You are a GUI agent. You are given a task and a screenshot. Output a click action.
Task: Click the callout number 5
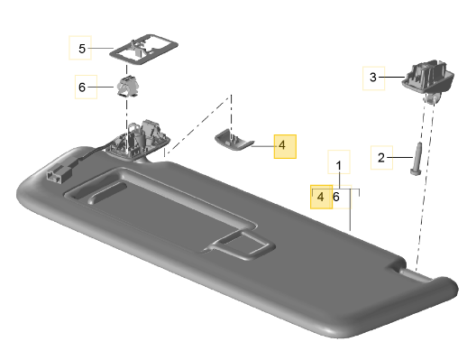pyautogui.click(x=82, y=49)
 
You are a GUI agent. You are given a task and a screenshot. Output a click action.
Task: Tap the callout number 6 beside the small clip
pyautogui.click(x=82, y=88)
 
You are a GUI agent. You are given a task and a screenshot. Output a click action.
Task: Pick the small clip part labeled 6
pyautogui.click(x=127, y=87)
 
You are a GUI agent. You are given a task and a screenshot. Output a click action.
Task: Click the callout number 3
pyautogui.click(x=373, y=78)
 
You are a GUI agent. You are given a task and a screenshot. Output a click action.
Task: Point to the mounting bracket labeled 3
pyautogui.click(x=428, y=78)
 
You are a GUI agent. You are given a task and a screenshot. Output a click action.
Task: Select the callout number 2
pyautogui.click(x=381, y=158)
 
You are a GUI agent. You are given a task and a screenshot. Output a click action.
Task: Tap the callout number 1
pyautogui.click(x=339, y=166)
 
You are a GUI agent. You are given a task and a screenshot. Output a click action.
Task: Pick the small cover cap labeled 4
pyautogui.click(x=233, y=139)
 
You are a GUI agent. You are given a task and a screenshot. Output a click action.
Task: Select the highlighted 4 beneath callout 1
pyautogui.click(x=321, y=198)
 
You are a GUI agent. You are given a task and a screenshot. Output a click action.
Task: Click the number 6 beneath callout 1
pyautogui.click(x=336, y=198)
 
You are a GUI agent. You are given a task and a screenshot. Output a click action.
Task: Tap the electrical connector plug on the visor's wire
pyautogui.click(x=60, y=173)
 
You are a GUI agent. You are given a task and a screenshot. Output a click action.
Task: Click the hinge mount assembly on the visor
pyautogui.click(x=138, y=140)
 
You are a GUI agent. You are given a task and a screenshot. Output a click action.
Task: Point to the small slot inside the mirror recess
pyautogui.click(x=107, y=193)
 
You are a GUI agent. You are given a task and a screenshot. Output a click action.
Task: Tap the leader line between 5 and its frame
pyautogui.click(x=101, y=48)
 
